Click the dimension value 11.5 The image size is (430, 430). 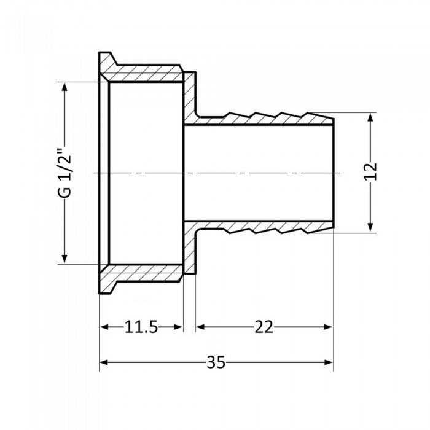pos(142,327)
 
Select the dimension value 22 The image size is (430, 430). pos(265,327)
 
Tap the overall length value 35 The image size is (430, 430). pos(216,362)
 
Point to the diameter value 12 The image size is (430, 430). pos(370,173)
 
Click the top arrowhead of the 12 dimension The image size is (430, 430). pos(370,118)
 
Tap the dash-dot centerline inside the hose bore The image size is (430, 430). pos(258,174)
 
